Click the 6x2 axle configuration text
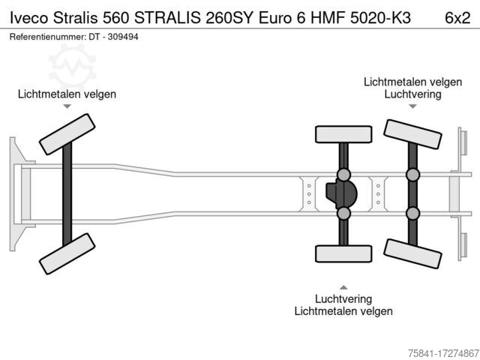[457, 18]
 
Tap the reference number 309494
[123, 37]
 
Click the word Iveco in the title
[29, 18]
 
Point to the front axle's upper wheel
[67, 134]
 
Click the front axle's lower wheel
[67, 253]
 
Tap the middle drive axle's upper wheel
[343, 134]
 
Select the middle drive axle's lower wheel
[343, 253]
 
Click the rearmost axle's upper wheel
[412, 134]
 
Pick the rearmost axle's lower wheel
[412, 253]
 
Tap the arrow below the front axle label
[67, 106]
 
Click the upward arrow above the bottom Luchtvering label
[343, 287]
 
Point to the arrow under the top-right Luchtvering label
[412, 106]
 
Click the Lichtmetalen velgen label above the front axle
[67, 94]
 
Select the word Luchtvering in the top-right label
[412, 94]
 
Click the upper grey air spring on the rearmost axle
[412, 175]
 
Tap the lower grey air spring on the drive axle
[343, 213]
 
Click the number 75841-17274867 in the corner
[443, 353]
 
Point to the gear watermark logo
[73, 67]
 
